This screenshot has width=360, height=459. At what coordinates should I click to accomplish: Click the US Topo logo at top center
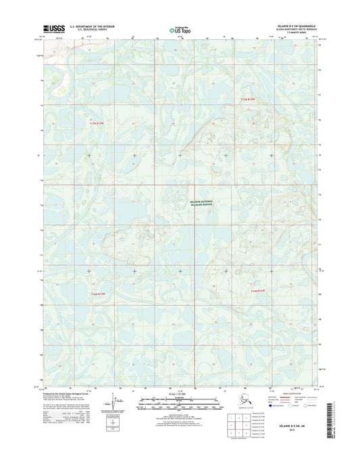click(x=180, y=29)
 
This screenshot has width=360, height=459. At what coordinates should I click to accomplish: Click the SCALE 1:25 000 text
click(x=180, y=393)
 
